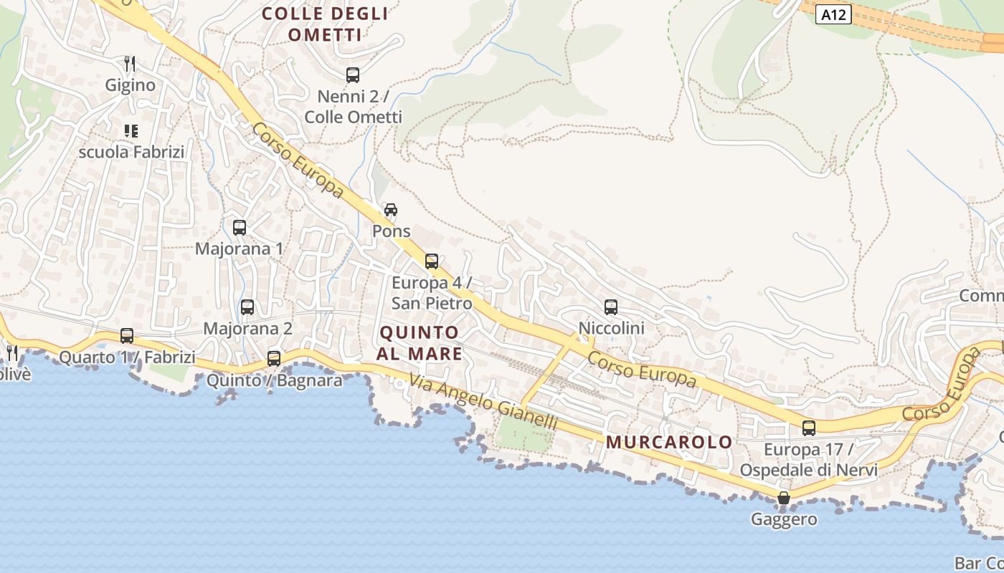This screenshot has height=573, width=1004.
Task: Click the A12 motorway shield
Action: click(833, 14)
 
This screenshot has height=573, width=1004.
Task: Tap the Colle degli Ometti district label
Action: click(325, 24)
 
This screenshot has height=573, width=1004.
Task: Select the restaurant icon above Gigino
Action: click(130, 63)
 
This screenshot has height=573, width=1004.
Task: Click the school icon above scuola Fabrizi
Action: click(131, 130)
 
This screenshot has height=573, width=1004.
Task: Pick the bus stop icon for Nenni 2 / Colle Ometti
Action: click(353, 74)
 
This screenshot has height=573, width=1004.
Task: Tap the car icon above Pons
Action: click(391, 209)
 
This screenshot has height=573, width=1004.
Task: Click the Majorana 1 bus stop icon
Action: click(240, 228)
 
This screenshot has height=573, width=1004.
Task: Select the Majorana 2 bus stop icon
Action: click(247, 307)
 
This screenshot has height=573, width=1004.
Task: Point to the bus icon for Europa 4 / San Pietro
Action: click(432, 261)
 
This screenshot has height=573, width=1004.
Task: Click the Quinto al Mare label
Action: click(420, 342)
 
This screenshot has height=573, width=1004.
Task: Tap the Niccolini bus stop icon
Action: click(611, 307)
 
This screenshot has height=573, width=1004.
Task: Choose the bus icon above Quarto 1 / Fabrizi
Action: click(127, 335)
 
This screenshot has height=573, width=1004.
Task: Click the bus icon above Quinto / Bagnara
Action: click(274, 358)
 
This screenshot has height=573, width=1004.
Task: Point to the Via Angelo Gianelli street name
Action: click(483, 403)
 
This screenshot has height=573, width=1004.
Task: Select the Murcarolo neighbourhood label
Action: click(669, 442)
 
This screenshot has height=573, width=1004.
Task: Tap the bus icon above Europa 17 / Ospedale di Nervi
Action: click(809, 428)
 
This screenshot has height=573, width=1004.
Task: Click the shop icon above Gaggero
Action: click(784, 498)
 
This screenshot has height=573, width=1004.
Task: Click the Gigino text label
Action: click(130, 85)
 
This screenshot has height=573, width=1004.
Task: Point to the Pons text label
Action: click(392, 231)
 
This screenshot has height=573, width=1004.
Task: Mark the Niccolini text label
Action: click(612, 328)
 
